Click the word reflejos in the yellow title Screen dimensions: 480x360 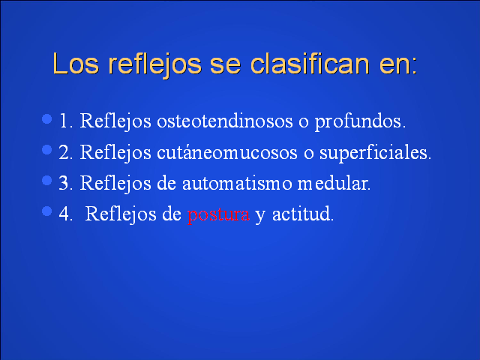(x=155, y=65)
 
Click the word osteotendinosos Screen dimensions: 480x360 (x=225, y=121)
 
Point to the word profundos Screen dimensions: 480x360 (x=360, y=121)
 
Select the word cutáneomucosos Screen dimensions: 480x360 (x=226, y=151)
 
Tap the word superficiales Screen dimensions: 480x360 (x=375, y=153)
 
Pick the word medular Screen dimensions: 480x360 (x=334, y=183)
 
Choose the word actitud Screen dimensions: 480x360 (x=303, y=213)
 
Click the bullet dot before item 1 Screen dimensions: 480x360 (x=46, y=118)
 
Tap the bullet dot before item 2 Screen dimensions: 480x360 (x=46, y=150)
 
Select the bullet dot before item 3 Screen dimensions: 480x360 (x=46, y=180)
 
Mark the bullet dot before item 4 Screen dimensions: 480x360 (x=46, y=211)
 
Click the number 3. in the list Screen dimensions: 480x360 (x=66, y=183)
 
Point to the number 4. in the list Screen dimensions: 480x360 (x=66, y=214)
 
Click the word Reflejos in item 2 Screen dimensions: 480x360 (x=115, y=153)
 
